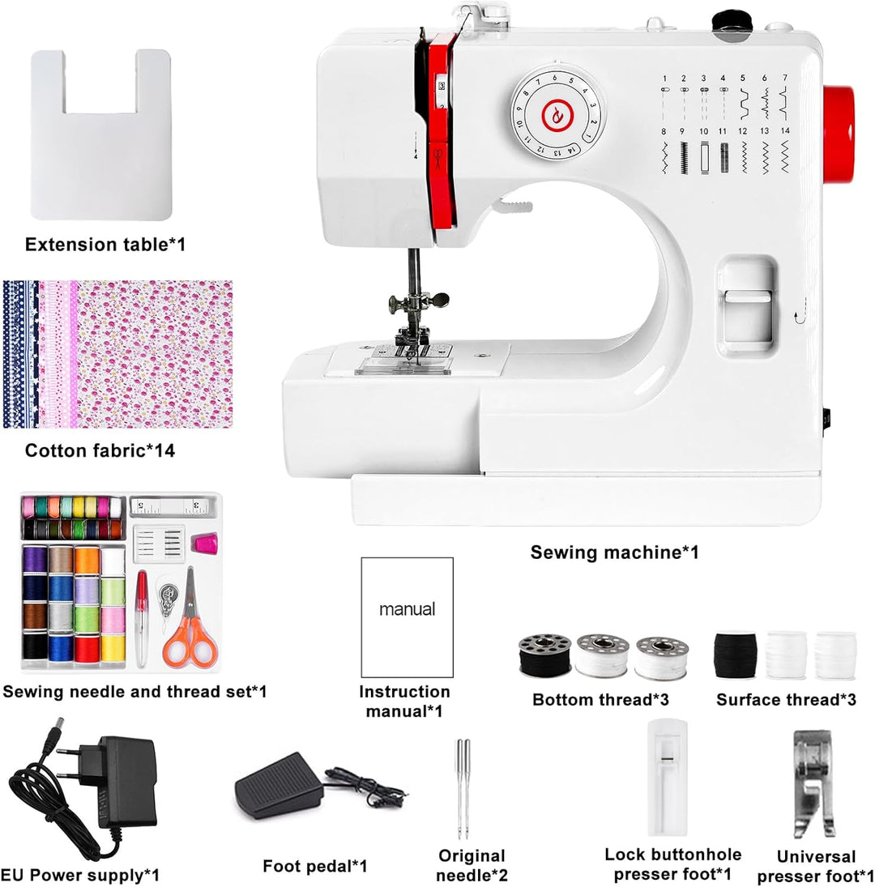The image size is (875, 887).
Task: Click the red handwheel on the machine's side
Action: [x=839, y=134]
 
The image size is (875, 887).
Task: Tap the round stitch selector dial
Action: [x=558, y=115]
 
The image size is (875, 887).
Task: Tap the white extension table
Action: [x=101, y=134]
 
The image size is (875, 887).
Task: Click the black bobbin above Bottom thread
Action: [x=544, y=655]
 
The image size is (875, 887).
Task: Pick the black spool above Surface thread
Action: [x=735, y=655]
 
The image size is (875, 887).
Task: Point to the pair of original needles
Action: [x=463, y=789]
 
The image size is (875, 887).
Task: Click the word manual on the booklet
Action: [x=408, y=609]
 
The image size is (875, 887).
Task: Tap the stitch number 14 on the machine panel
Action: [x=785, y=130]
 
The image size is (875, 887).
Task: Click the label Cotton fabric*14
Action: [x=100, y=450]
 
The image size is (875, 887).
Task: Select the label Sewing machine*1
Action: [x=615, y=552]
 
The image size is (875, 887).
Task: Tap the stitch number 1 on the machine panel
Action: [x=664, y=78]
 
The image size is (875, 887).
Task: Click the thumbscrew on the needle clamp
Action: [x=437, y=299]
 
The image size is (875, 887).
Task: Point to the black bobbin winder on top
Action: [x=733, y=22]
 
